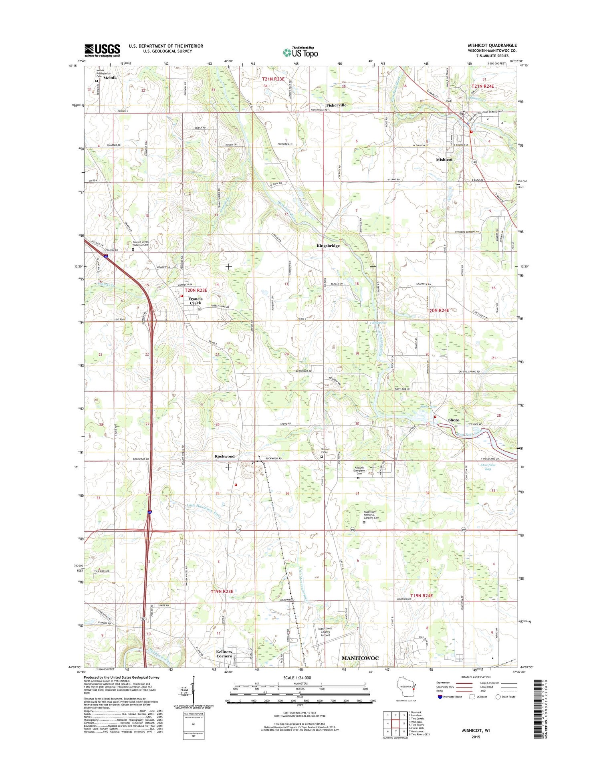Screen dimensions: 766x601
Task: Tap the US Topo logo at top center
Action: click(x=300, y=52)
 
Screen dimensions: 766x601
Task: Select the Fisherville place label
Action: click(x=336, y=105)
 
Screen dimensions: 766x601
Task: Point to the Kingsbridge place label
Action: click(x=328, y=246)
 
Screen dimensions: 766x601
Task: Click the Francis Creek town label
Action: click(x=196, y=301)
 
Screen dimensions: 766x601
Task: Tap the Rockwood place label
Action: click(x=224, y=456)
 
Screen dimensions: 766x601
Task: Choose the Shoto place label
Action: click(x=454, y=420)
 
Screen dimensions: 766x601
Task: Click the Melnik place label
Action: click(x=110, y=78)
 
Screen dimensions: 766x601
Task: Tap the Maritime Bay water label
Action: click(x=488, y=467)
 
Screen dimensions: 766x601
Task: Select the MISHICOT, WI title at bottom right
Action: click(x=476, y=730)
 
